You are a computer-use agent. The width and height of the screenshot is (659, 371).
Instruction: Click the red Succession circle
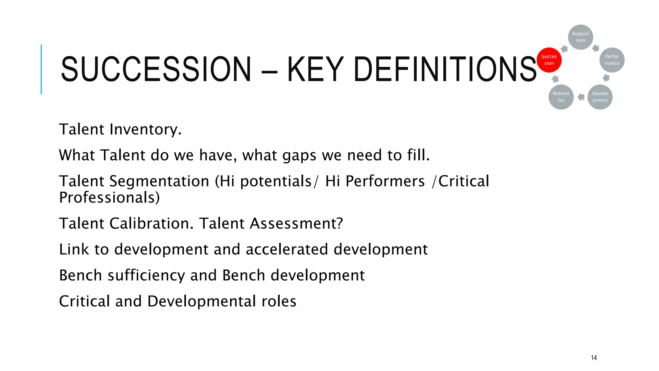click(549, 60)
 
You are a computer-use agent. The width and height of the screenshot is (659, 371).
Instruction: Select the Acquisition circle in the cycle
click(580, 37)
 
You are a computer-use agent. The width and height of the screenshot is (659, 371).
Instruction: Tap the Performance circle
click(612, 60)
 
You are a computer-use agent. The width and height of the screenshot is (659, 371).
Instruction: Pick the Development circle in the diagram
click(600, 97)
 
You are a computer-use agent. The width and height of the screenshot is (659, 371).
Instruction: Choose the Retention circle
click(561, 97)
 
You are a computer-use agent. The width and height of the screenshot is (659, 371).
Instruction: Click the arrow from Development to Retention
click(581, 97)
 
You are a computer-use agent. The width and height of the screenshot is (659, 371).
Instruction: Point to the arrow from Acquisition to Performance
click(596, 48)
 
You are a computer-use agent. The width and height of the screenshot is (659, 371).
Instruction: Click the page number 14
click(594, 357)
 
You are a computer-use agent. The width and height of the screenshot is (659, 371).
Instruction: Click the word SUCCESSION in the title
click(156, 69)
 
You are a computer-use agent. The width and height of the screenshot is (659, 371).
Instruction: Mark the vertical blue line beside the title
click(41, 69)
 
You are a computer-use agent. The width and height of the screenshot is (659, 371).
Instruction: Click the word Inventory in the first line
click(145, 129)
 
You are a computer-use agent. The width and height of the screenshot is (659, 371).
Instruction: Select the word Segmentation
click(159, 181)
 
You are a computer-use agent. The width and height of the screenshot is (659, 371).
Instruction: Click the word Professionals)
click(109, 197)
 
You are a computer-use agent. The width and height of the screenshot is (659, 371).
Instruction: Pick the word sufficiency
click(146, 275)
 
